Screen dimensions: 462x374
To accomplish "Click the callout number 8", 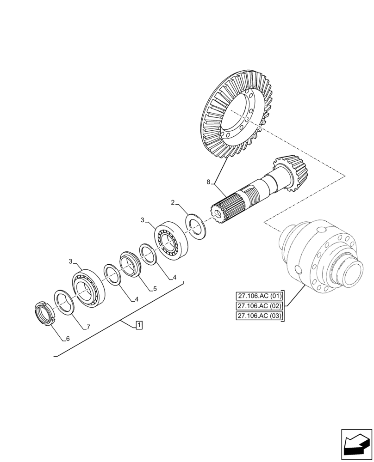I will (209, 182).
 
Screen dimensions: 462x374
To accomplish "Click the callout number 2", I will (172, 202).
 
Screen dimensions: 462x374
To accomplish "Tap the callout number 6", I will (68, 339).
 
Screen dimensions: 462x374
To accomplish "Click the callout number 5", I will (155, 289).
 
